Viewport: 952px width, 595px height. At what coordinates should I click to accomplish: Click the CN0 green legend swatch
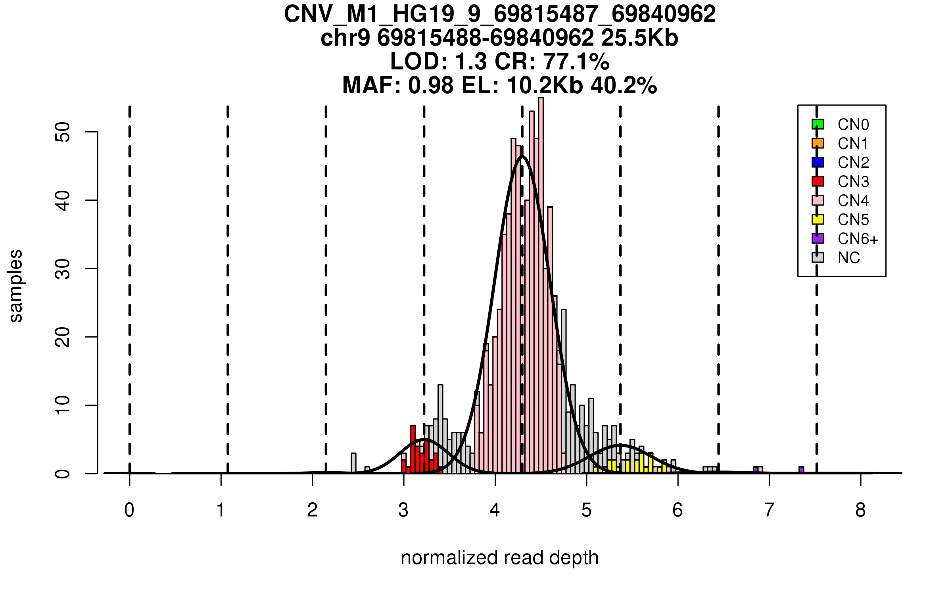point(818,124)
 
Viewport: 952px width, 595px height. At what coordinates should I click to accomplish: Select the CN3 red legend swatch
point(818,181)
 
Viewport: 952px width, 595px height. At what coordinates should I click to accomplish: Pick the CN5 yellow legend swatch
point(818,219)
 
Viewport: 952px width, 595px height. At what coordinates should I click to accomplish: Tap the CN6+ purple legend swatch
point(818,238)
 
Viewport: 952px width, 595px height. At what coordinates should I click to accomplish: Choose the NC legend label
point(848,258)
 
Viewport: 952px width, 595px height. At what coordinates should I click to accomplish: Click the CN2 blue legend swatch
point(818,162)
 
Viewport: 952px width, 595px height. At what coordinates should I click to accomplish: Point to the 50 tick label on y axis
point(63,132)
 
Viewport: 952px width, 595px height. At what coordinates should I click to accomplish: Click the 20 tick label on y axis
point(63,337)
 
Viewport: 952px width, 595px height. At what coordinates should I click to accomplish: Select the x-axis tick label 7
point(769,510)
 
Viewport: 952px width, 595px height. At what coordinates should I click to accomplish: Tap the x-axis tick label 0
point(129,510)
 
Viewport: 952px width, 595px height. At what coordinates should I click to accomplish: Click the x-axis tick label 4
point(495,510)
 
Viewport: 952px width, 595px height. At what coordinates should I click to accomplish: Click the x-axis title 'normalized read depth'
point(499,558)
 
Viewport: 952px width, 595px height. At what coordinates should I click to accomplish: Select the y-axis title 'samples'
point(16,286)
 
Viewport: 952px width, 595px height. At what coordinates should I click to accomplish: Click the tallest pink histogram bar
point(541,286)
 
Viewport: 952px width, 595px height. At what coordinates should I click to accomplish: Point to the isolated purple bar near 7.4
point(801,470)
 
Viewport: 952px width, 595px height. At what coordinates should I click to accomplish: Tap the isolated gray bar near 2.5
point(353,463)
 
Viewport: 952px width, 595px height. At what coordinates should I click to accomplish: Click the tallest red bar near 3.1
point(413,449)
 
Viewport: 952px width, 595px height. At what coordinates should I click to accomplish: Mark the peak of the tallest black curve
point(522,156)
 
